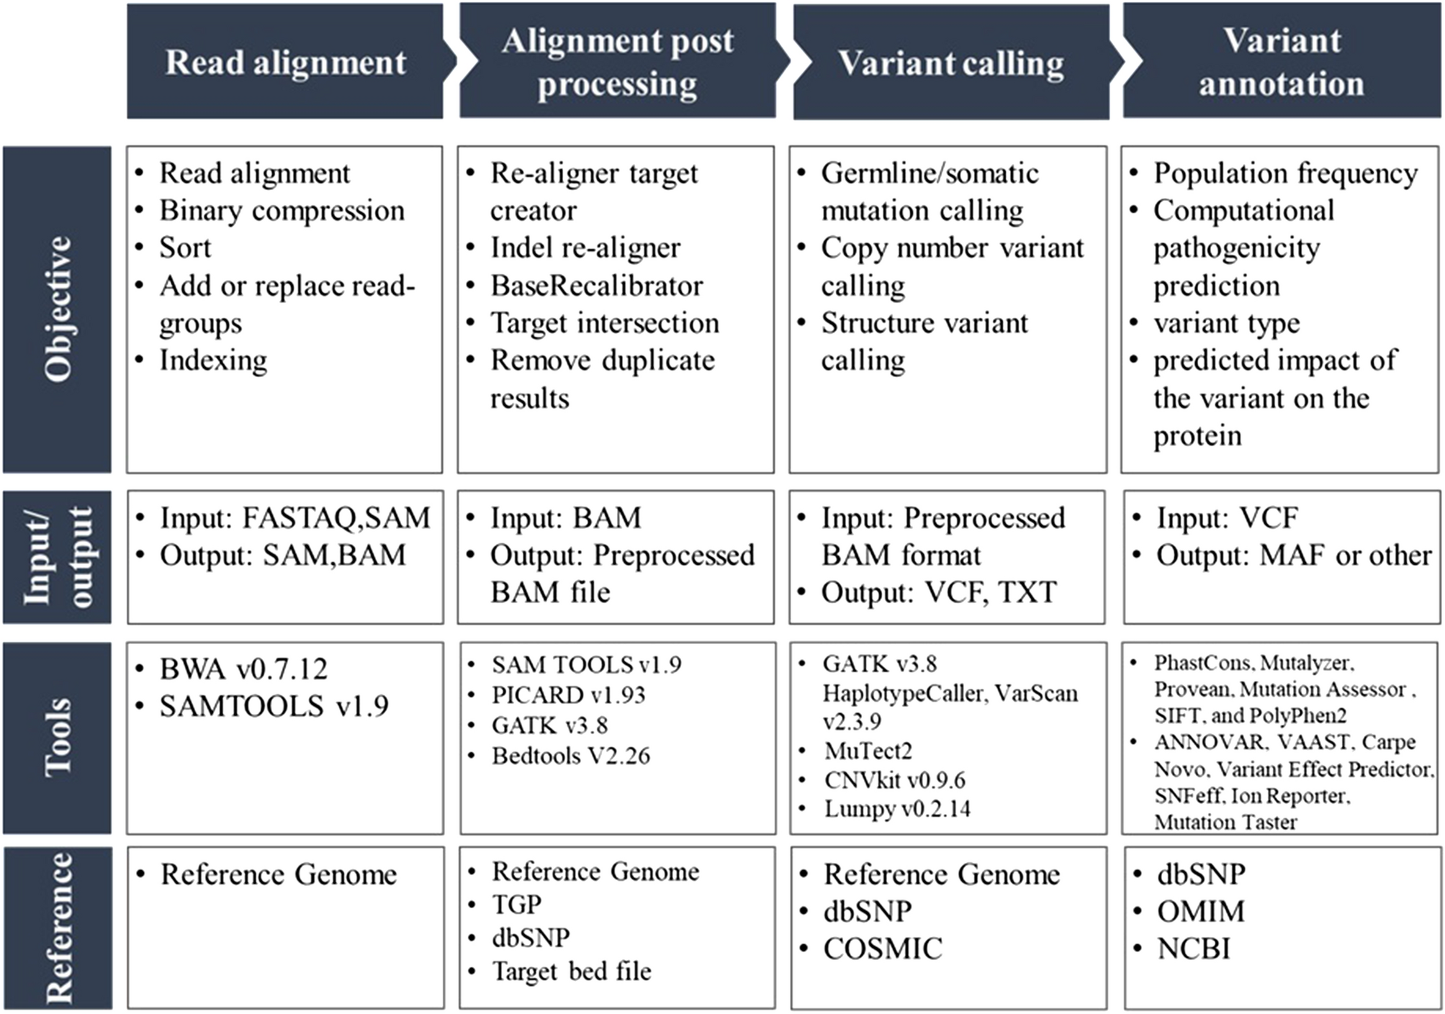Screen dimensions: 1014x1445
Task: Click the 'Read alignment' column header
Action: [x=285, y=62]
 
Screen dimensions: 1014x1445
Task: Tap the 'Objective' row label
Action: [x=57, y=309]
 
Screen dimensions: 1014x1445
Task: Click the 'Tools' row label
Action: [x=57, y=738]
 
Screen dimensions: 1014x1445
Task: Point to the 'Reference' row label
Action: [x=57, y=928]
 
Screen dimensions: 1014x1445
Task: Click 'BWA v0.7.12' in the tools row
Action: [x=243, y=669]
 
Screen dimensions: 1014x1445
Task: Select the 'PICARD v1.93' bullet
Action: [x=568, y=695]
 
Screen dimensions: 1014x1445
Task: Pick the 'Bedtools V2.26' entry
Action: [x=570, y=756]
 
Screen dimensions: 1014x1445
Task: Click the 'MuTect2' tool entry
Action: [x=868, y=751]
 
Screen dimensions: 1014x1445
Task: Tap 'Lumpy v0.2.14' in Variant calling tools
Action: [x=897, y=809]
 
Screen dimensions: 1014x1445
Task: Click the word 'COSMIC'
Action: [x=883, y=949]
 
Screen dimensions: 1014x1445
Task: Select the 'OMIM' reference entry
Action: [x=1200, y=912]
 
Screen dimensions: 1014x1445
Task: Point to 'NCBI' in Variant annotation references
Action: [x=1193, y=949]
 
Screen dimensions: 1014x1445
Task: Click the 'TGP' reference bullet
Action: [x=516, y=905]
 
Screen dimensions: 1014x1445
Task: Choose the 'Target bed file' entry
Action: [x=571, y=972]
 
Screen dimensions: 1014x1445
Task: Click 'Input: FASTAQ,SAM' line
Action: [x=294, y=518]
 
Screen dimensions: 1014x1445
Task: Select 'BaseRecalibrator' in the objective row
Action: [x=596, y=286]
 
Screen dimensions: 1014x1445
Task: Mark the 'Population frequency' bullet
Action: [x=1285, y=173]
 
